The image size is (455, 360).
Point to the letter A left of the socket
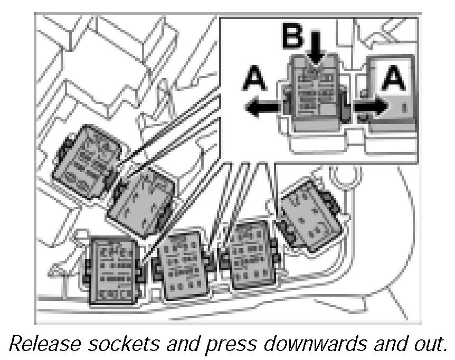click(x=255, y=81)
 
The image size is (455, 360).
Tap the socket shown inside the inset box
click(x=315, y=96)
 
